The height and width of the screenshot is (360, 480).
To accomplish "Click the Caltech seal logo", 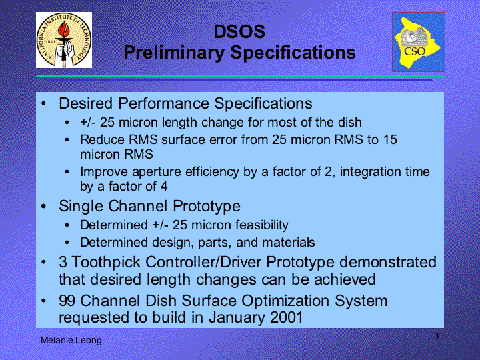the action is pyautogui.click(x=64, y=40).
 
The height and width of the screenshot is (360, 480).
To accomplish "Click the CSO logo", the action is pyautogui.click(x=419, y=42).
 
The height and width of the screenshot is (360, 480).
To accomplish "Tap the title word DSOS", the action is pyautogui.click(x=239, y=31).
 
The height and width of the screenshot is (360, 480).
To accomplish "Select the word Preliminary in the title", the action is pyautogui.click(x=174, y=53).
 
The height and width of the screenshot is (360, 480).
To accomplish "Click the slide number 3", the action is pyautogui.click(x=437, y=336).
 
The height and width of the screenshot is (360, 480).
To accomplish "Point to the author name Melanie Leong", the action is pyautogui.click(x=71, y=340).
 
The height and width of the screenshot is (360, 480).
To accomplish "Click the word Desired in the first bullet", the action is pyautogui.click(x=86, y=103).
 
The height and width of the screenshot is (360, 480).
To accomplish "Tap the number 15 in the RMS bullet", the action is pyautogui.click(x=390, y=139).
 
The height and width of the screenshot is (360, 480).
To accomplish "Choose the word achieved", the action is pyautogui.click(x=345, y=279).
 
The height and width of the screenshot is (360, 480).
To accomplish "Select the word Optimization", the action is pyautogui.click(x=285, y=301).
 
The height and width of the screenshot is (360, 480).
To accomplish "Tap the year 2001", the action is pyautogui.click(x=287, y=317).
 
